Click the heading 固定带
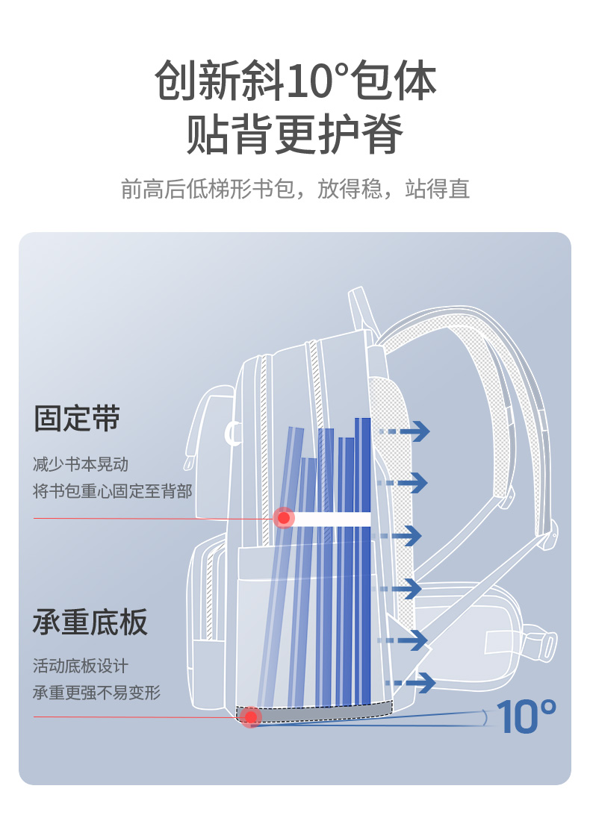pos(77,418)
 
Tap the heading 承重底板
pos(90,622)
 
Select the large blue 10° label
pos(526,715)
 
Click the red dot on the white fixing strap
pos(284,517)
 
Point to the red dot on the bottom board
pos(252,717)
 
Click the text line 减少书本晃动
pos(81,464)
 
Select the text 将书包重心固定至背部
pos(112,491)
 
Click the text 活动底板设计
pos(81,666)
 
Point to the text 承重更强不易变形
pos(96,693)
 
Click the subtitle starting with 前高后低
pos(295,189)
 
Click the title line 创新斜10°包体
pos(295,81)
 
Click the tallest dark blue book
pos(363,560)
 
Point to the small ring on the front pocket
pos(233,433)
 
